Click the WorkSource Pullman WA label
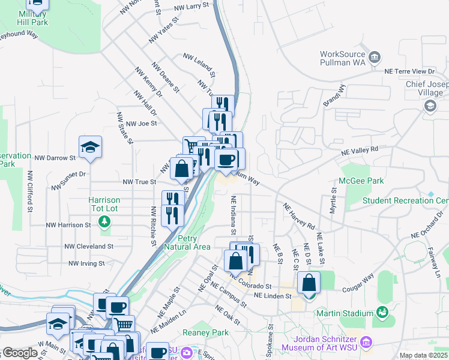pos(343,58)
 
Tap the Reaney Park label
pos(206,332)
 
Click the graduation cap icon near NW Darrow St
pos(90,147)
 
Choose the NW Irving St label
pos(86,263)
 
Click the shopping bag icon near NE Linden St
pos(309,282)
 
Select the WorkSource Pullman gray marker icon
pos(375,58)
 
